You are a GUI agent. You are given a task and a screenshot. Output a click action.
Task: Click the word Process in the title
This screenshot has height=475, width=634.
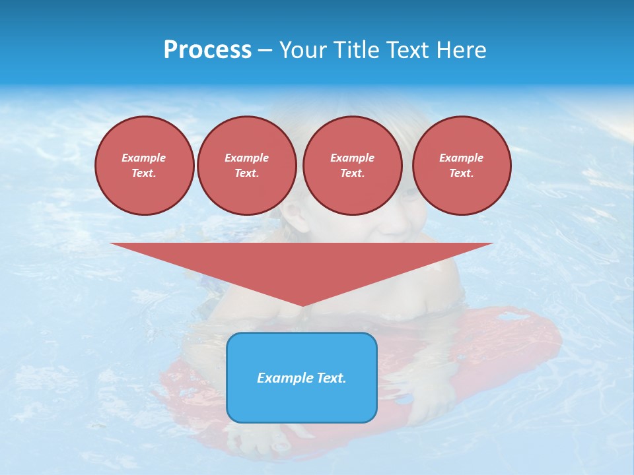(x=207, y=50)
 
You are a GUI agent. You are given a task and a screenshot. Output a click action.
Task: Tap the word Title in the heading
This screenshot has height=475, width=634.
(x=353, y=50)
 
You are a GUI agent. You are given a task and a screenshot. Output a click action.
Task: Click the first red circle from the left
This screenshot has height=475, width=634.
(x=144, y=166)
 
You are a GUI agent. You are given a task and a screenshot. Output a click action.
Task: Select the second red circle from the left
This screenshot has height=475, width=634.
(x=246, y=166)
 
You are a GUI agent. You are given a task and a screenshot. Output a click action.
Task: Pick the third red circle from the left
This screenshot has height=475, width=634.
(x=352, y=166)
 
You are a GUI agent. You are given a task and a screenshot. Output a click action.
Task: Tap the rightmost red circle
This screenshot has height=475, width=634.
(x=461, y=166)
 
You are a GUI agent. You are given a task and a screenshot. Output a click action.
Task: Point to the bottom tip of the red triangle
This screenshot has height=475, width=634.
(x=302, y=305)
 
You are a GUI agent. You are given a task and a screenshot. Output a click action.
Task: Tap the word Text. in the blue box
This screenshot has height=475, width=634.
(x=332, y=378)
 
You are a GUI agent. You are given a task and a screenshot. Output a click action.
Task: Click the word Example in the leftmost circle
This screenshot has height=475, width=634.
(x=144, y=158)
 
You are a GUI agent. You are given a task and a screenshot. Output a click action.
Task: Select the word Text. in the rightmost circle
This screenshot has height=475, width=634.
(x=461, y=174)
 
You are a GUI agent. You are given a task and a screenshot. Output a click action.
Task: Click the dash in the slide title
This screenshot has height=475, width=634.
(x=265, y=50)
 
